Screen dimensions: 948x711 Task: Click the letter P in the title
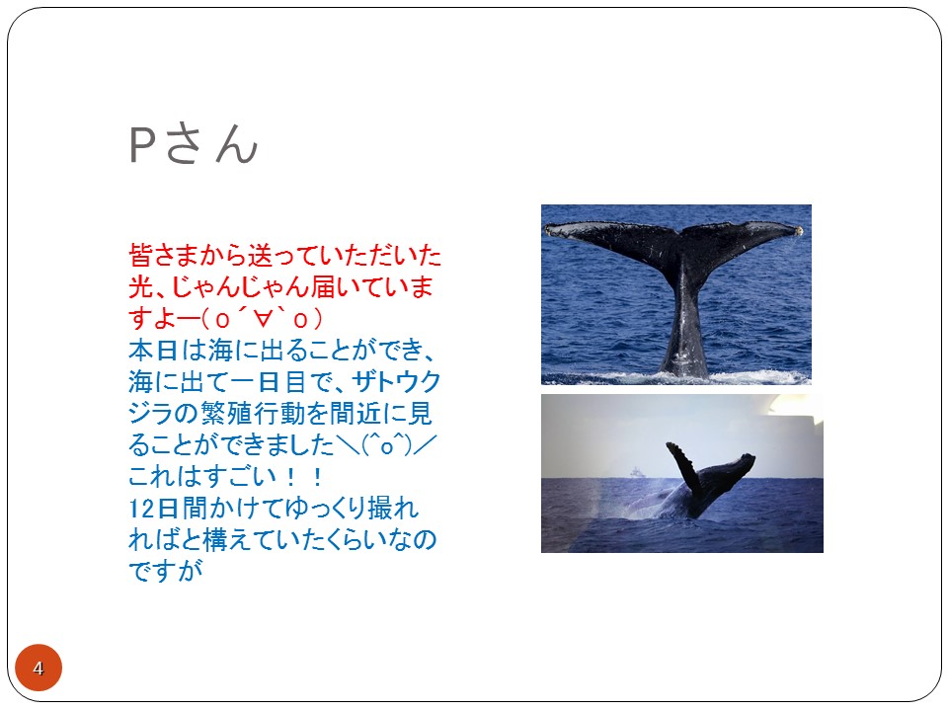(x=141, y=145)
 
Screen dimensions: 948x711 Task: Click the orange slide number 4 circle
(x=39, y=668)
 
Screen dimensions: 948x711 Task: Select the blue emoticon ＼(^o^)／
(x=385, y=444)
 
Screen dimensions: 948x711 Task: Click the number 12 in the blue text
(x=141, y=508)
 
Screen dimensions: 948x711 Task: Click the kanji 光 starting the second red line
(x=140, y=286)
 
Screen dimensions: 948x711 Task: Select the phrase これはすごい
(x=202, y=476)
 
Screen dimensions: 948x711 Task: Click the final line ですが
(x=166, y=571)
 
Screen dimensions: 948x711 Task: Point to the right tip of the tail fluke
(x=799, y=230)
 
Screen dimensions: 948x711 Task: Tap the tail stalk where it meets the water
(x=684, y=370)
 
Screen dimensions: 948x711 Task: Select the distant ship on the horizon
(x=637, y=472)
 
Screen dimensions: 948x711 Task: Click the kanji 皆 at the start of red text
(x=140, y=255)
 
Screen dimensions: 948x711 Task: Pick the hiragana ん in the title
(x=236, y=145)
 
